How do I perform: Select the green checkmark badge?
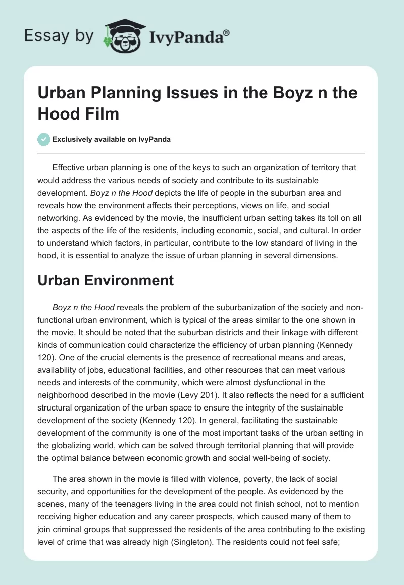[x=43, y=139]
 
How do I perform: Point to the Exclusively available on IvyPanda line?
[x=111, y=139]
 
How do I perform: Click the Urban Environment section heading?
[x=106, y=280]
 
